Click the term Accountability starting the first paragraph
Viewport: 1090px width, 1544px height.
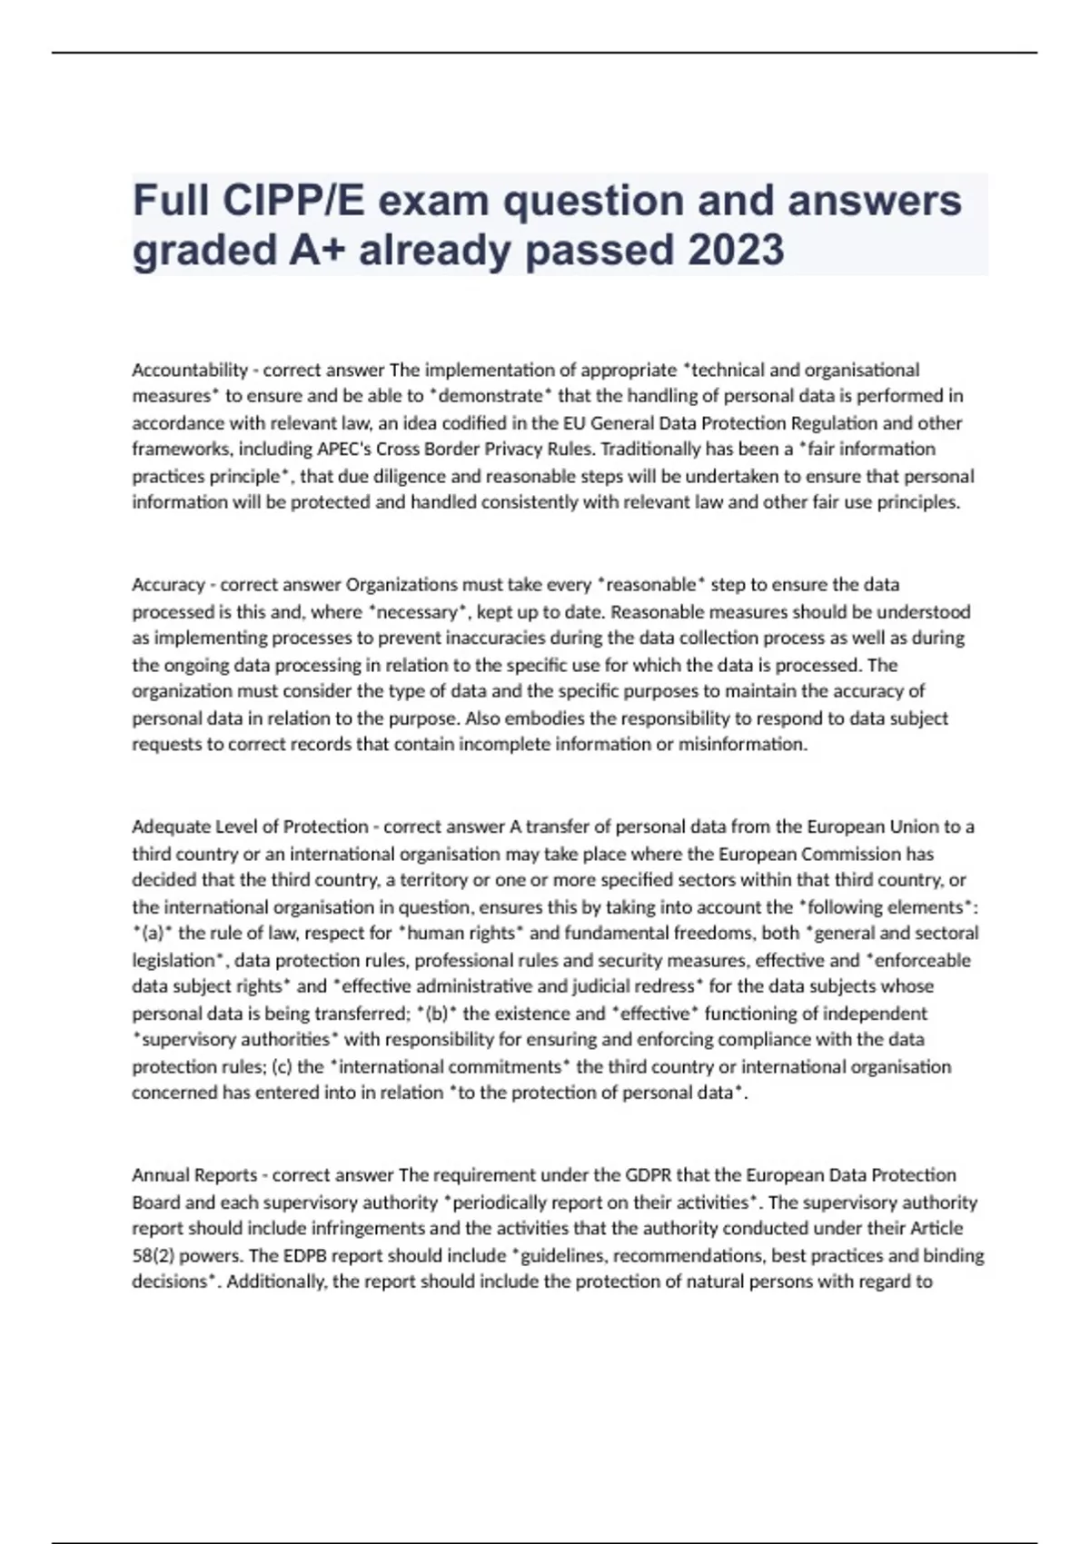(x=190, y=370)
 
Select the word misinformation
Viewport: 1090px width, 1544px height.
(x=742, y=745)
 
